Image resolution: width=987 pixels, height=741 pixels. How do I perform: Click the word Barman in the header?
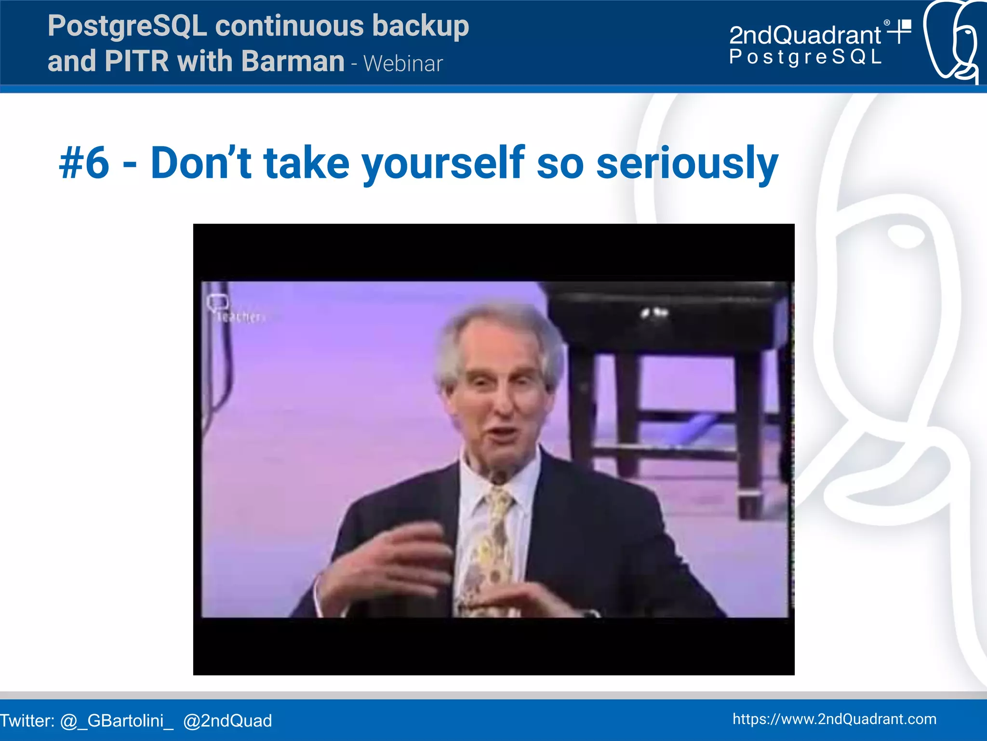point(293,61)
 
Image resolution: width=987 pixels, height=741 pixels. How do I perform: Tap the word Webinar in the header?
point(403,64)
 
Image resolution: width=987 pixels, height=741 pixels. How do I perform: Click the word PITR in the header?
point(136,61)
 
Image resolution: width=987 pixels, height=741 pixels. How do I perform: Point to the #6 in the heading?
point(84,163)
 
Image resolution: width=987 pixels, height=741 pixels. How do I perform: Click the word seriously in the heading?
point(687,163)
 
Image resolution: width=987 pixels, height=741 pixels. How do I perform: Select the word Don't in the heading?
point(201,163)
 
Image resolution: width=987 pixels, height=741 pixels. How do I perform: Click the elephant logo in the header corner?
point(952,41)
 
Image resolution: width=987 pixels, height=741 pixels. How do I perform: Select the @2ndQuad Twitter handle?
point(227,721)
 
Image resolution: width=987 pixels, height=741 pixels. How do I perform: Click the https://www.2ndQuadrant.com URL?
point(834,719)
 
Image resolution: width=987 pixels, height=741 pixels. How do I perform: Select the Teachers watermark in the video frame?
point(239,317)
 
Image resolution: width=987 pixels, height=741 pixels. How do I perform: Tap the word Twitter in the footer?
point(27,721)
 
